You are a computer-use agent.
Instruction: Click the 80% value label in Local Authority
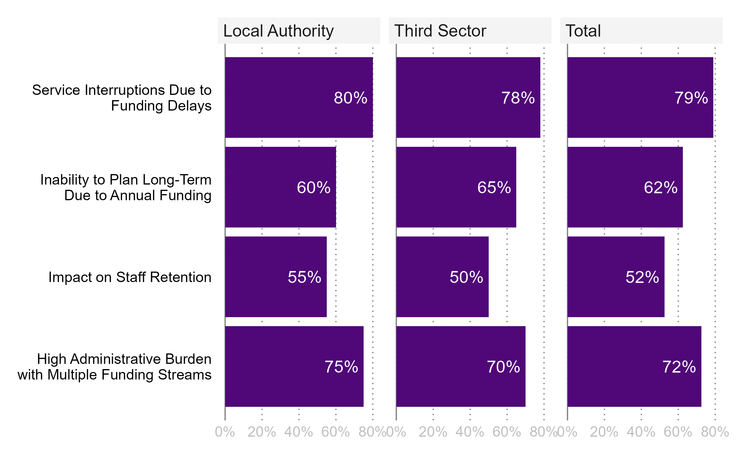click(350, 98)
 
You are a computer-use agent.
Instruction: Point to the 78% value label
click(518, 98)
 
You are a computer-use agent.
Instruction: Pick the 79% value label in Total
click(691, 98)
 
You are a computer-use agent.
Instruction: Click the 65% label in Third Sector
click(494, 187)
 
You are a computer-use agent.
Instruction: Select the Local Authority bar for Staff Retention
click(276, 277)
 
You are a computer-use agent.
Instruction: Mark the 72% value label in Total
click(679, 367)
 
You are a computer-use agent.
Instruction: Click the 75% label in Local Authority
click(341, 367)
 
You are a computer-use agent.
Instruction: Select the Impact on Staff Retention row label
click(130, 277)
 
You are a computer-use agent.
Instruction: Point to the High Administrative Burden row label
click(114, 367)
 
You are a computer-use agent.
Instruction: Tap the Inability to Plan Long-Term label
click(125, 187)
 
